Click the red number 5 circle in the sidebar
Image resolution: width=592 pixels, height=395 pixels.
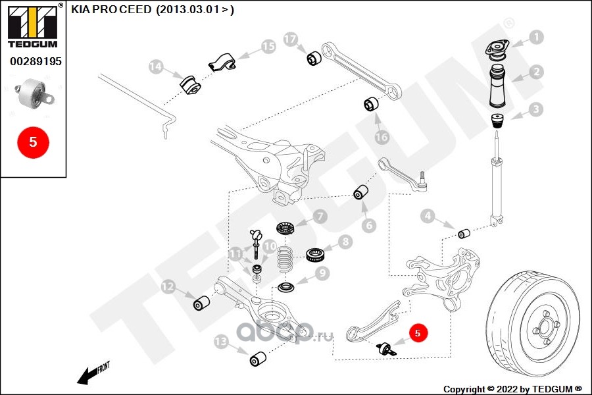(32, 142)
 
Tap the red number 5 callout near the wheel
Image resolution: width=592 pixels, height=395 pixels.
(418, 334)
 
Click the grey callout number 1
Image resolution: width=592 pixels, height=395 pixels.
(537, 38)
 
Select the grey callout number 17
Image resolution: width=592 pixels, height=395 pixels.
(291, 39)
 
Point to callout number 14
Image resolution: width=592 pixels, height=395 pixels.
(155, 66)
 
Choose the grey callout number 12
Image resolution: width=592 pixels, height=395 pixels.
(168, 286)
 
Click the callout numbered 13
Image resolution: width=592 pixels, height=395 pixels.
(220, 341)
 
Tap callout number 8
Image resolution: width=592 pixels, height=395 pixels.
(345, 242)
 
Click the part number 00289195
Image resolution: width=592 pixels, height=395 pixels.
(35, 61)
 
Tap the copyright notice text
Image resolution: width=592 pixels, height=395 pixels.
(512, 388)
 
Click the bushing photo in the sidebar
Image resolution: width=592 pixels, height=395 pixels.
(33, 95)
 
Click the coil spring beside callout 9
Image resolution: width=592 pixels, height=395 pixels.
(285, 260)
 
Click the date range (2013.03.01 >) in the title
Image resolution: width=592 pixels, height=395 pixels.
(195, 10)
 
